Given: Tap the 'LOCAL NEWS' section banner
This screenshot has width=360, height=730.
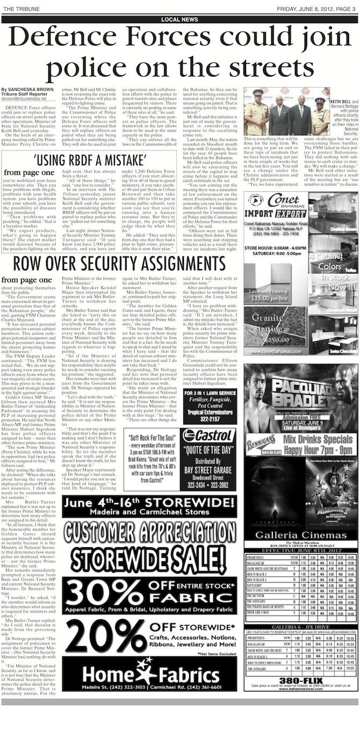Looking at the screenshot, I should click(x=179, y=19).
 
